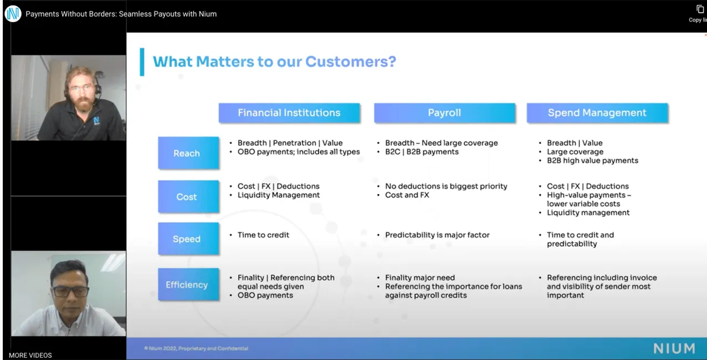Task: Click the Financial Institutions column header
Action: coord(289,112)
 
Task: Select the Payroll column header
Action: coord(444,112)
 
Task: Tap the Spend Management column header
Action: coord(597,112)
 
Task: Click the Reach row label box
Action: coord(188,153)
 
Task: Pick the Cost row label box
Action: coord(188,197)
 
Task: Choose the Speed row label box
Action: coord(188,239)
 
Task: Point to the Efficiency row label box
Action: coord(188,284)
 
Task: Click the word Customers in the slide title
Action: coord(350,61)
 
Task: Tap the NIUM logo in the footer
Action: coord(674,348)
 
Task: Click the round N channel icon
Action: coord(13,13)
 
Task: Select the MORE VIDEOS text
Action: coord(30,355)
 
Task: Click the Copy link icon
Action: coord(700,9)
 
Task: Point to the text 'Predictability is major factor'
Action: coord(437,235)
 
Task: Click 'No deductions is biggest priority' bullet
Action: coord(446,186)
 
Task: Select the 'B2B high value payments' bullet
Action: coord(592,161)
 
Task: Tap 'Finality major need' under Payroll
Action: coord(420,277)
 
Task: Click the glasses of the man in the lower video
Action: coord(70,291)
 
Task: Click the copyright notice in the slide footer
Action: coord(196,348)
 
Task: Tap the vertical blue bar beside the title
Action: coord(142,62)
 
